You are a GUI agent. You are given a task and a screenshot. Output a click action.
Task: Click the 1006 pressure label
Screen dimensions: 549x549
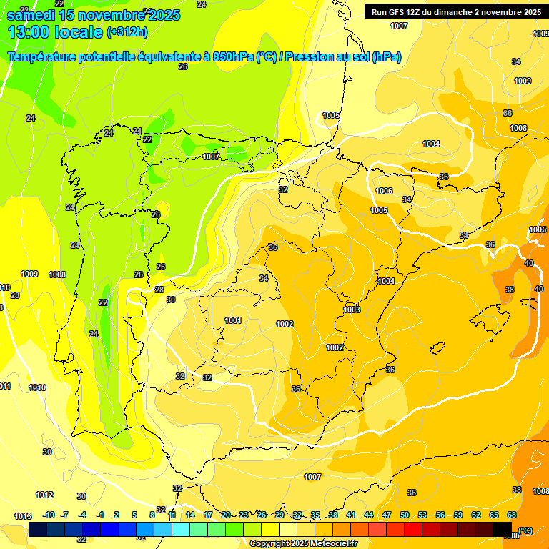pos(384,191)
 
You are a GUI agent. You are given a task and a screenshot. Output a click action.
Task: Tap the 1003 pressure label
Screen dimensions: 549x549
pos(352,310)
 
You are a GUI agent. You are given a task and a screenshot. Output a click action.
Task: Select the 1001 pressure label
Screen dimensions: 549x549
pos(233,320)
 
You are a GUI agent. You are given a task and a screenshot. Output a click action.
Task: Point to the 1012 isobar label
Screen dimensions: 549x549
pos(44,495)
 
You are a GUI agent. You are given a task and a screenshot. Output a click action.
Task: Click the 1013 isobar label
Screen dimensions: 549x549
pos(22,516)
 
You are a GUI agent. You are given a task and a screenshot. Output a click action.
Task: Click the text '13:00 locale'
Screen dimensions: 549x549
pos(54,31)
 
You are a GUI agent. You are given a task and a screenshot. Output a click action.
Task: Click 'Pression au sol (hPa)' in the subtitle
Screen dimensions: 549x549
pos(342,57)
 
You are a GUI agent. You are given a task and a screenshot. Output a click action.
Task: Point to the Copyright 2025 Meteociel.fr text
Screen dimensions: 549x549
pos(303,543)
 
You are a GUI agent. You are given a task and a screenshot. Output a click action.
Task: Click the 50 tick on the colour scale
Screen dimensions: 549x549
pos(405,515)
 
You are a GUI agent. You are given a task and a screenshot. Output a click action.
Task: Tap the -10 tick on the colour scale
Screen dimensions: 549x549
pos(49,515)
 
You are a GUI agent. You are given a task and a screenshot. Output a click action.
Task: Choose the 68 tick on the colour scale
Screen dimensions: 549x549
pos(512,515)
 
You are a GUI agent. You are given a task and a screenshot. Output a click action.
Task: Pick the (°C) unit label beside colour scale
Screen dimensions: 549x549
pos(525,530)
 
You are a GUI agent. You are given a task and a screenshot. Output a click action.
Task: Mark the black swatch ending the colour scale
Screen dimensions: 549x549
pos(503,530)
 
